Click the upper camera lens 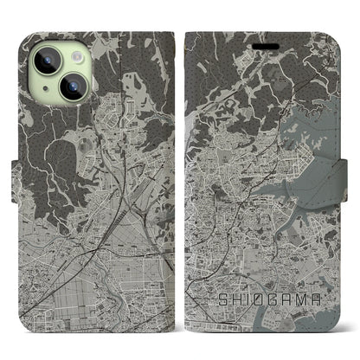49,58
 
